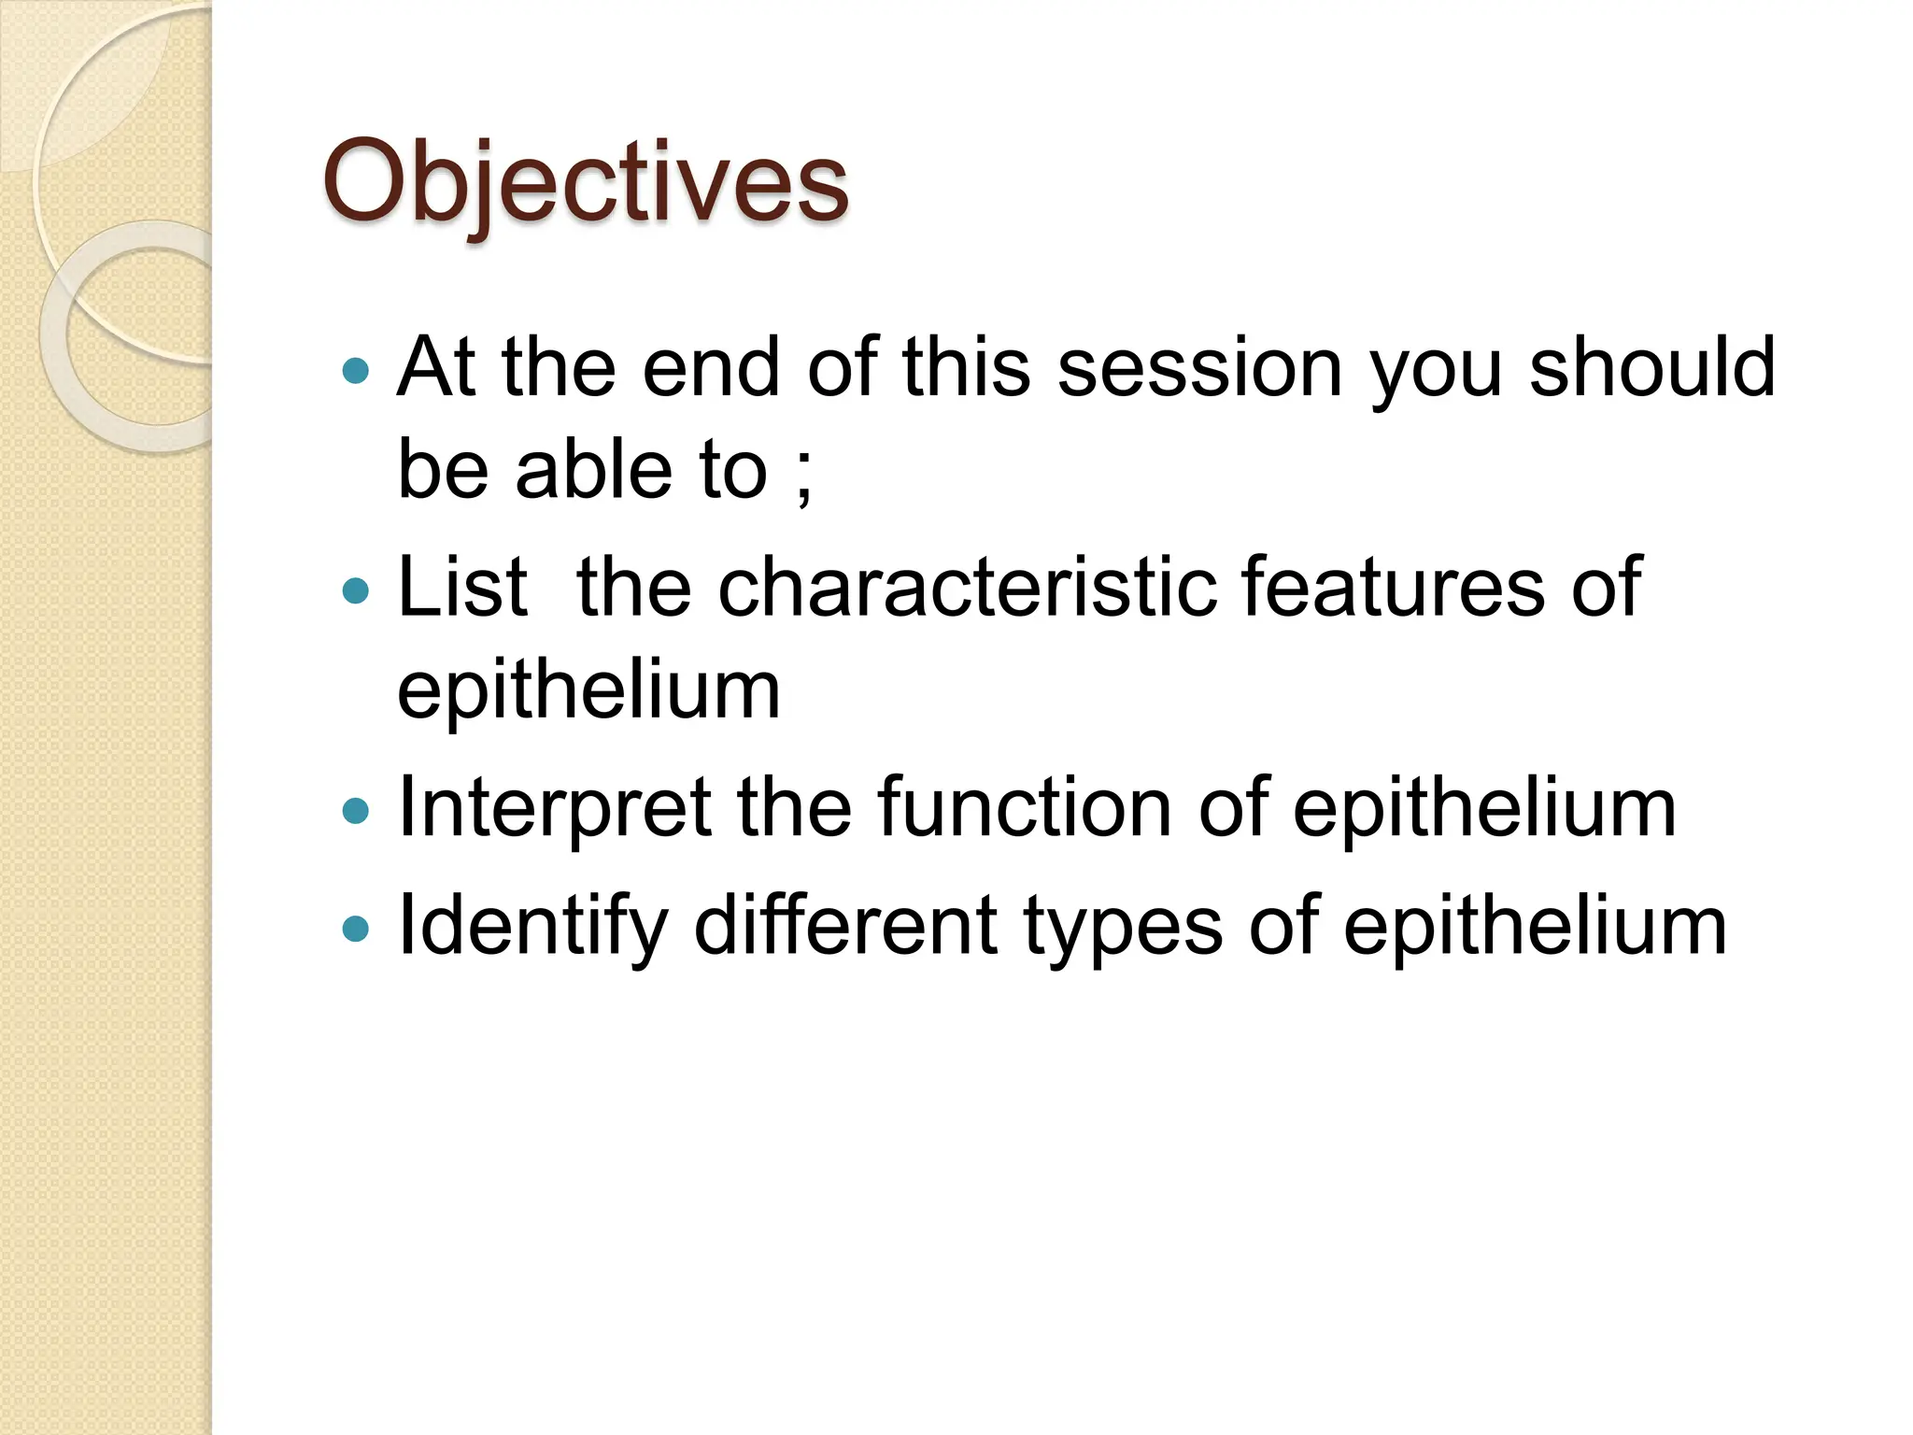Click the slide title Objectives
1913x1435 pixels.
[586, 182]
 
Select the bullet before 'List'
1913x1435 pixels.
[356, 590]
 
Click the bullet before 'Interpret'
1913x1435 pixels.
[356, 810]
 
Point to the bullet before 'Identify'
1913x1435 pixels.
[356, 929]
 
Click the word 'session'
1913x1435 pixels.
[1200, 368]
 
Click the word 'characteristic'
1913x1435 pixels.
[968, 587]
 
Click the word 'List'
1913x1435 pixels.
[462, 587]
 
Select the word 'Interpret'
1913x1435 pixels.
[555, 809]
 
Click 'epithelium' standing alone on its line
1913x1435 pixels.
[588, 693]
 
